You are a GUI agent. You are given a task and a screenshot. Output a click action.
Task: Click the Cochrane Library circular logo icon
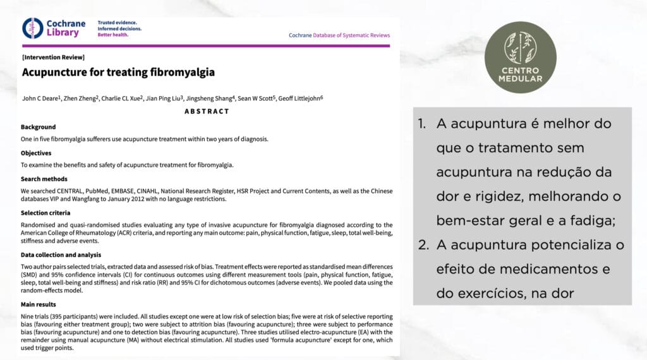coord(33,28)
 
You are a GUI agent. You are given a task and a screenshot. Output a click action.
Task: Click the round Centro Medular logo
coord(520,57)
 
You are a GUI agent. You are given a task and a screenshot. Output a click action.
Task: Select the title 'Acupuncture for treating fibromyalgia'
coord(118,72)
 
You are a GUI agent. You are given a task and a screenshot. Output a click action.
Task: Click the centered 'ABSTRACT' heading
coord(207,111)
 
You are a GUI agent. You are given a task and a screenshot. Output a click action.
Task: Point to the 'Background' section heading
coord(38,127)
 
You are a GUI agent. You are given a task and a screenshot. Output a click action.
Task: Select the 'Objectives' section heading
coord(36,153)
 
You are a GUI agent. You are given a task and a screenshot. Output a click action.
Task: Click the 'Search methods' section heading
coord(44,179)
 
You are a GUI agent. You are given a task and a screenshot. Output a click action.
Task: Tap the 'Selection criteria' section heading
coord(46,213)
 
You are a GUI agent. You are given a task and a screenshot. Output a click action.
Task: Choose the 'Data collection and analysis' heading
coord(61,255)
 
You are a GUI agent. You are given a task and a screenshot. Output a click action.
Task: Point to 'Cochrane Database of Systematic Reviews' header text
coord(339,35)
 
